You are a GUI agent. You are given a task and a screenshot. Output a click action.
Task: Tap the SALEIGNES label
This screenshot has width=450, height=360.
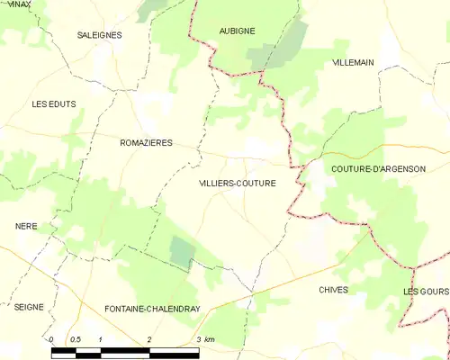pos(99,35)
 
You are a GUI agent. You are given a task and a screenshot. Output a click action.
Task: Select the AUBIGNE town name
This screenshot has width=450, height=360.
pos(238,31)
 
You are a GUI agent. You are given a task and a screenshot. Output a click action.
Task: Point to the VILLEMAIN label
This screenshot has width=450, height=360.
pos(353,62)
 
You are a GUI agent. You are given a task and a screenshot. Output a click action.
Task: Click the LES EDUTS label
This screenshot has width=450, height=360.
pos(53,104)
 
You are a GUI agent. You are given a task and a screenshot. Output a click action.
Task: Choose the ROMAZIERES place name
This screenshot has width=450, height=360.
pos(146,142)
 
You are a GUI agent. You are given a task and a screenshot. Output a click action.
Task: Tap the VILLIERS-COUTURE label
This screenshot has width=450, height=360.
pos(238,183)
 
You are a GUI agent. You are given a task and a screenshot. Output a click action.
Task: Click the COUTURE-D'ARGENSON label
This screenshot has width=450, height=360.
pos(377,168)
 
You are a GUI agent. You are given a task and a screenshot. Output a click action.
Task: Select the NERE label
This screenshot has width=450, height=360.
pos(26,226)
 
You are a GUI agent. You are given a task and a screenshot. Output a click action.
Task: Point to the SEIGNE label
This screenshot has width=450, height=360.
pos(29,307)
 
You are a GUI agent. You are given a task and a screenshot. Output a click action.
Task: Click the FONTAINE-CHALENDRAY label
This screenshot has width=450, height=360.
pos(151,308)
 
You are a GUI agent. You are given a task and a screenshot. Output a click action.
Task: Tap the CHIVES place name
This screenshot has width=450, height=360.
pos(333,290)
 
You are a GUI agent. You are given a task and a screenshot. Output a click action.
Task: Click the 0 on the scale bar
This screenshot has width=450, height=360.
pos(51,339)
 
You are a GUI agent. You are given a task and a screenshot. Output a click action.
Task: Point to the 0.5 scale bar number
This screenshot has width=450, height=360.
pos(75,339)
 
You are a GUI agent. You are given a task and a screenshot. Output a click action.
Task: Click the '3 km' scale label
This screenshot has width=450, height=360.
pos(205,339)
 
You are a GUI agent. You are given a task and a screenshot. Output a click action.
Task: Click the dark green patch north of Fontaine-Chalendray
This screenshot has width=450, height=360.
pos(182,251)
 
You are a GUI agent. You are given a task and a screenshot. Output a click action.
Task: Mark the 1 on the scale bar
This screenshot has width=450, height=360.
pos(100,339)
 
